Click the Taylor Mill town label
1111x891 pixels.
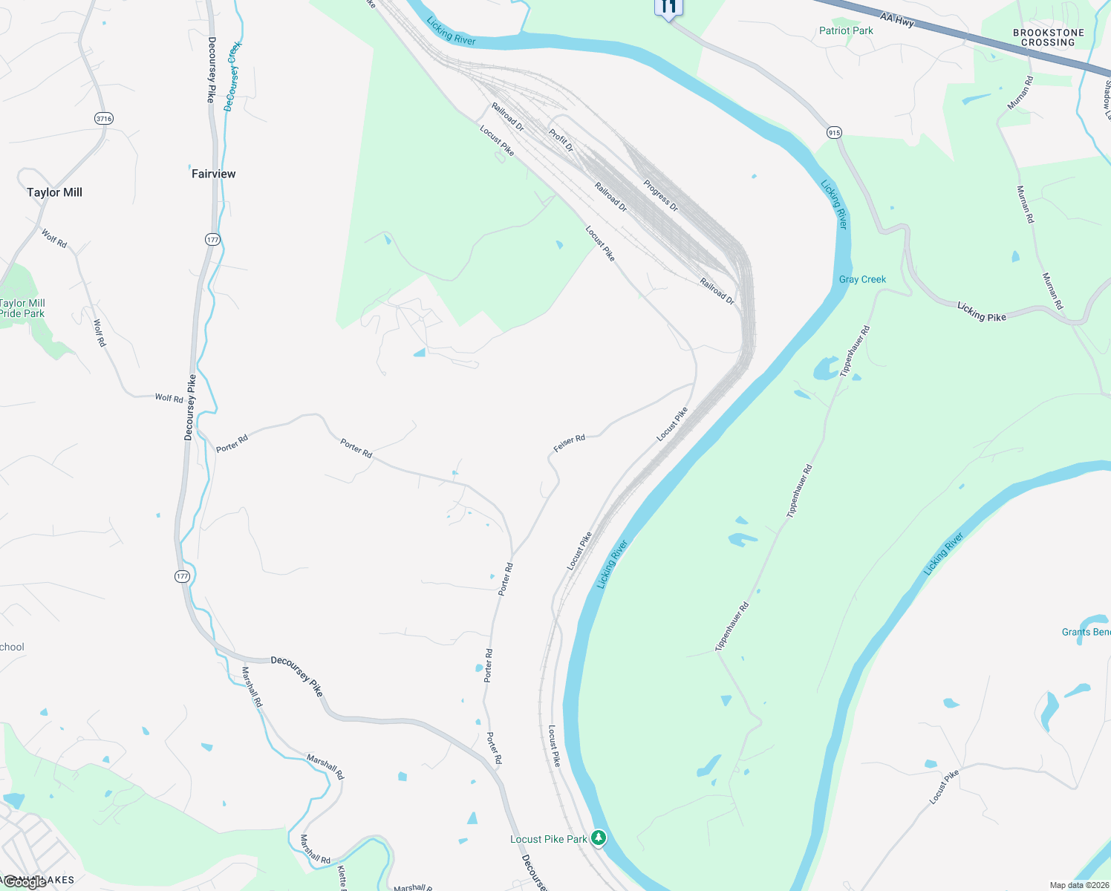coord(54,192)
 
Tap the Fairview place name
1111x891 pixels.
coord(213,174)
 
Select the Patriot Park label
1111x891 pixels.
coord(846,30)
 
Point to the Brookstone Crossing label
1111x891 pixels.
coord(1048,38)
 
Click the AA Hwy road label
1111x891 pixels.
coord(896,19)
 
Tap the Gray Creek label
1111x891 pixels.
coord(862,279)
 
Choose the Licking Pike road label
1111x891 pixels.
coord(981,312)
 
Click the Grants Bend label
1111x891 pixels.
coord(1086,632)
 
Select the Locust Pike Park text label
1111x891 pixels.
coord(548,839)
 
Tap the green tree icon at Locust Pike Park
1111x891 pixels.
coord(599,838)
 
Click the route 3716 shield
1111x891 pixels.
coord(103,118)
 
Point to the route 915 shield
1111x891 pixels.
coord(834,132)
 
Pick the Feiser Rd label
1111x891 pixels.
coord(569,443)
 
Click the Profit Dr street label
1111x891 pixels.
coord(561,139)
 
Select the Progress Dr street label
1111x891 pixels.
coord(661,195)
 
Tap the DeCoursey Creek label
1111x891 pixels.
coord(233,76)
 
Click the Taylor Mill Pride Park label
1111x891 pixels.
coord(22,308)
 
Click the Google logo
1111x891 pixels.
coord(24,883)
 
